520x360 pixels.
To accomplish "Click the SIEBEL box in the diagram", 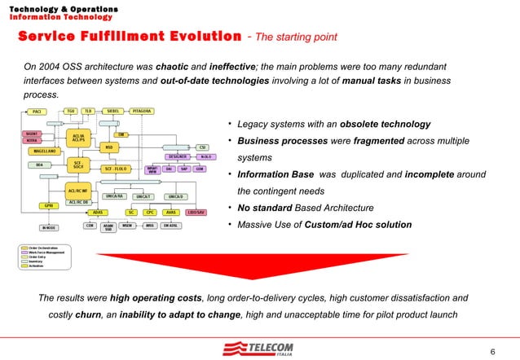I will tap(112, 111).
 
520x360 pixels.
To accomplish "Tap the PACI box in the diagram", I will tap(37, 112).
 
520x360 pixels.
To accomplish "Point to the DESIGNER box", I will tap(178, 156).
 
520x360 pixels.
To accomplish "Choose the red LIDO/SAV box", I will tap(196, 212).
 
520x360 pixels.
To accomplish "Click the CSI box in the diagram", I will tap(202, 147).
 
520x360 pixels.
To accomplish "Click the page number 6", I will tap(492, 351).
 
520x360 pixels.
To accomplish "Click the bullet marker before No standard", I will tap(231, 207).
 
